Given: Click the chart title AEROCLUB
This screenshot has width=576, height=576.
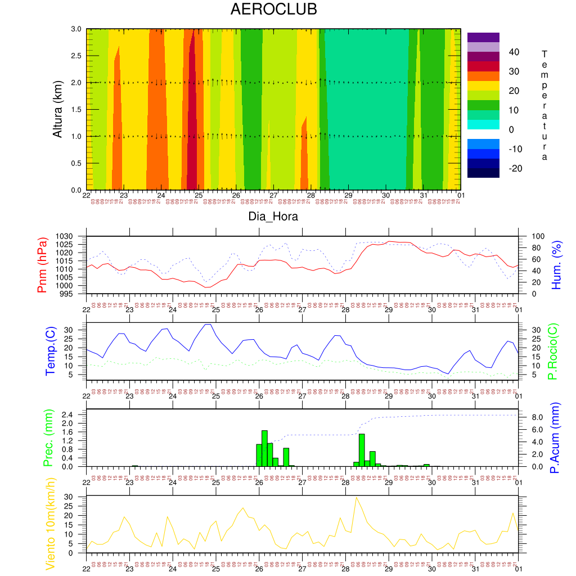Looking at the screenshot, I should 274,10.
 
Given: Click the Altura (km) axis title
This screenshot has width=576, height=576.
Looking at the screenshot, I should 57,109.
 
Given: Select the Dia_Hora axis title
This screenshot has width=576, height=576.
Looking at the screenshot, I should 273,216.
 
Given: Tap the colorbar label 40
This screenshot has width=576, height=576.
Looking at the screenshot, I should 513,52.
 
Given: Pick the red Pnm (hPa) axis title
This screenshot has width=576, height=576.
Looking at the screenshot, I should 42,265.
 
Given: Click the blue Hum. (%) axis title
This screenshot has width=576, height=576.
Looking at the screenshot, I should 557,265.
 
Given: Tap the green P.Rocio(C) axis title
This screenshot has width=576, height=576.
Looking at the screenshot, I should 552,352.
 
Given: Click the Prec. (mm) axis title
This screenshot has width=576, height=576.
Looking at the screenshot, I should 48,438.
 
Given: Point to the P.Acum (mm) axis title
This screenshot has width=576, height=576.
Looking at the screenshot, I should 554,438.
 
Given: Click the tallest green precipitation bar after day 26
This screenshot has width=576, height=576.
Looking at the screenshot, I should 264,448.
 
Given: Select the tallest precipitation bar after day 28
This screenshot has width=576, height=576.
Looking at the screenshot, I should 362,449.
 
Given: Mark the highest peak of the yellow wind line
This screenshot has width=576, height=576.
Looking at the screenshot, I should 356,498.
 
